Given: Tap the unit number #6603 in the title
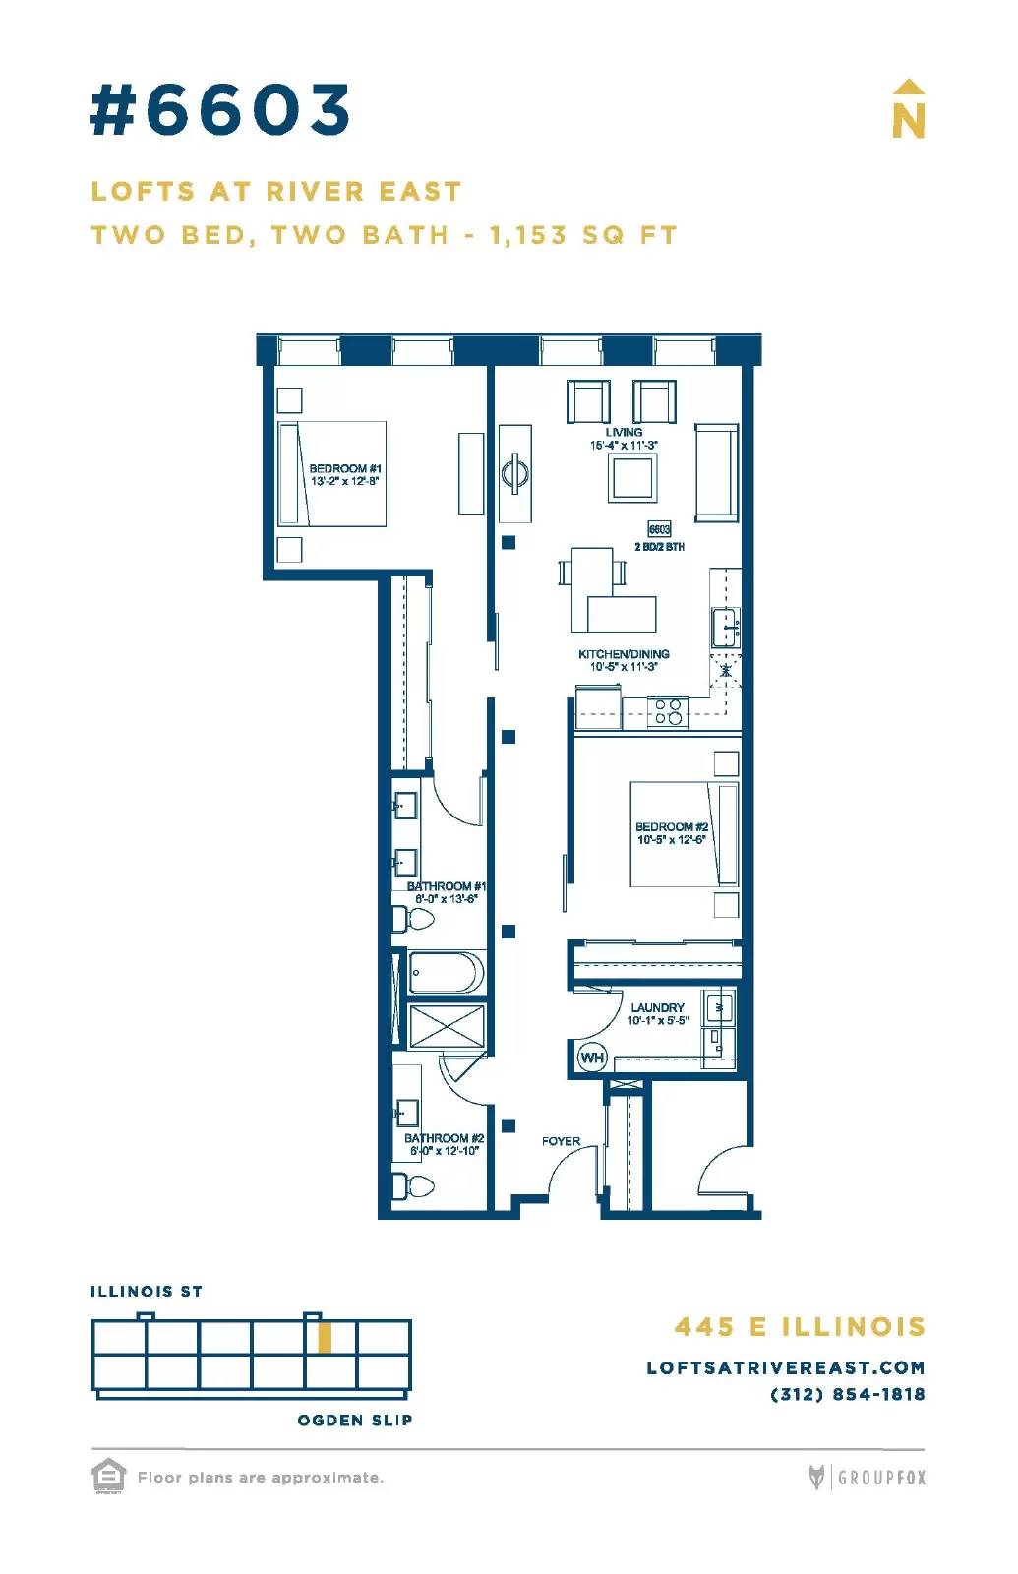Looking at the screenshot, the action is tap(220, 109).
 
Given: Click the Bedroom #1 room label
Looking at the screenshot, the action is tap(345, 468).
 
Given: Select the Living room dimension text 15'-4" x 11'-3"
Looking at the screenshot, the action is tap(624, 445).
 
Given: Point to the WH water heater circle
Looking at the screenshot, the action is tap(591, 1058).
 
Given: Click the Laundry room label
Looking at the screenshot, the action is tap(657, 1007).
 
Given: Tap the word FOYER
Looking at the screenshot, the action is tap(561, 1141).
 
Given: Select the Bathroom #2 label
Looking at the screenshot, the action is tap(444, 1137).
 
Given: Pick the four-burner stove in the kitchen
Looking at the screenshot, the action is tap(668, 711).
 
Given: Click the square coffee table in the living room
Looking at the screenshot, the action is tap(633, 478).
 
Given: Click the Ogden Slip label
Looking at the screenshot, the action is tap(355, 1420).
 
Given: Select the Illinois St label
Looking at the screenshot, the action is tap(147, 1291).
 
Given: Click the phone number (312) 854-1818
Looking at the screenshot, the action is tap(848, 1394).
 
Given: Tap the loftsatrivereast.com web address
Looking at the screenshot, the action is tap(786, 1367).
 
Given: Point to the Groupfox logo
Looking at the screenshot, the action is tap(867, 1477).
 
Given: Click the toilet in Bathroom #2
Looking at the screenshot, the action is tap(413, 1186).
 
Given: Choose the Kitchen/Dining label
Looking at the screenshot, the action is tap(624, 654).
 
